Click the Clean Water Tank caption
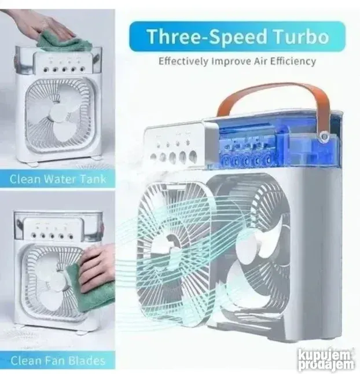[x=58, y=178]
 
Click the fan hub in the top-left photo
[x=60, y=114]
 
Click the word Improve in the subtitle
[x=217, y=61]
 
